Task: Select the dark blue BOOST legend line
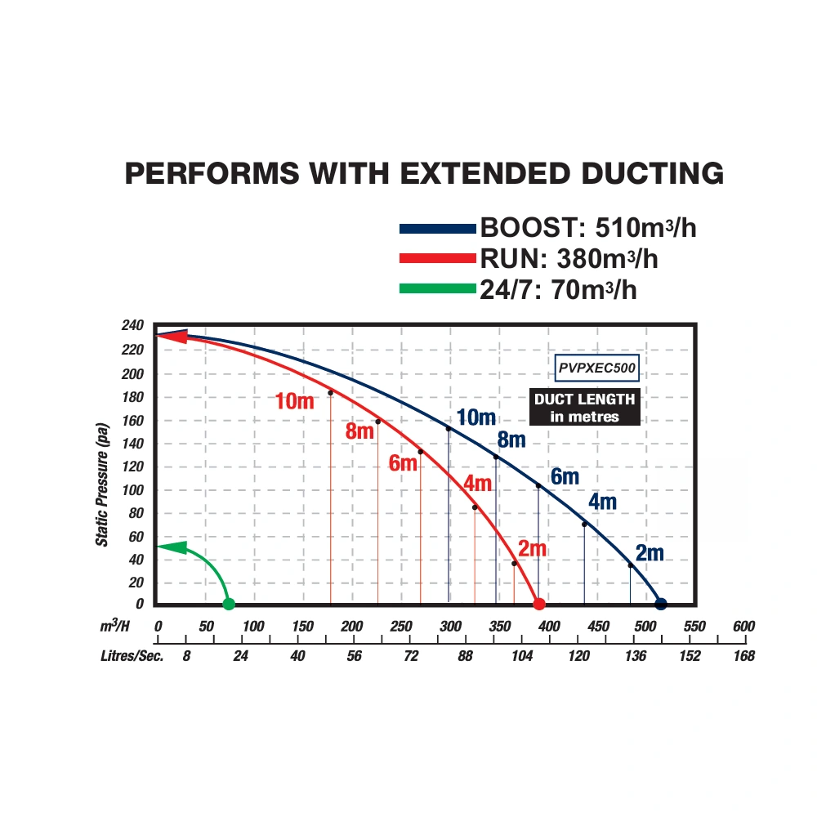tap(436, 229)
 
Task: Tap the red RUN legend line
tap(436, 259)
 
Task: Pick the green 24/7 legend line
tap(436, 288)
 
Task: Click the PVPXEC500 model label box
tap(596, 368)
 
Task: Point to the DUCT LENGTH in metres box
tap(584, 408)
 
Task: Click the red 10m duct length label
tap(294, 401)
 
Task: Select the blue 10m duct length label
tap(475, 417)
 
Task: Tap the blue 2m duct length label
tap(650, 553)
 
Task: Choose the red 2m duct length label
tap(532, 549)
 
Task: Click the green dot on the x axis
tap(229, 605)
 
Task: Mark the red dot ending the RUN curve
tap(539, 605)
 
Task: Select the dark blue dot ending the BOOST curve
tap(661, 605)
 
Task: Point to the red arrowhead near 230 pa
tap(170, 336)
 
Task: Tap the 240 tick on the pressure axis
tap(132, 326)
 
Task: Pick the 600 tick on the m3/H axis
tap(743, 627)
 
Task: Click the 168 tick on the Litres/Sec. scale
tap(743, 656)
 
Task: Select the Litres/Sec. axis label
tap(132, 656)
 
